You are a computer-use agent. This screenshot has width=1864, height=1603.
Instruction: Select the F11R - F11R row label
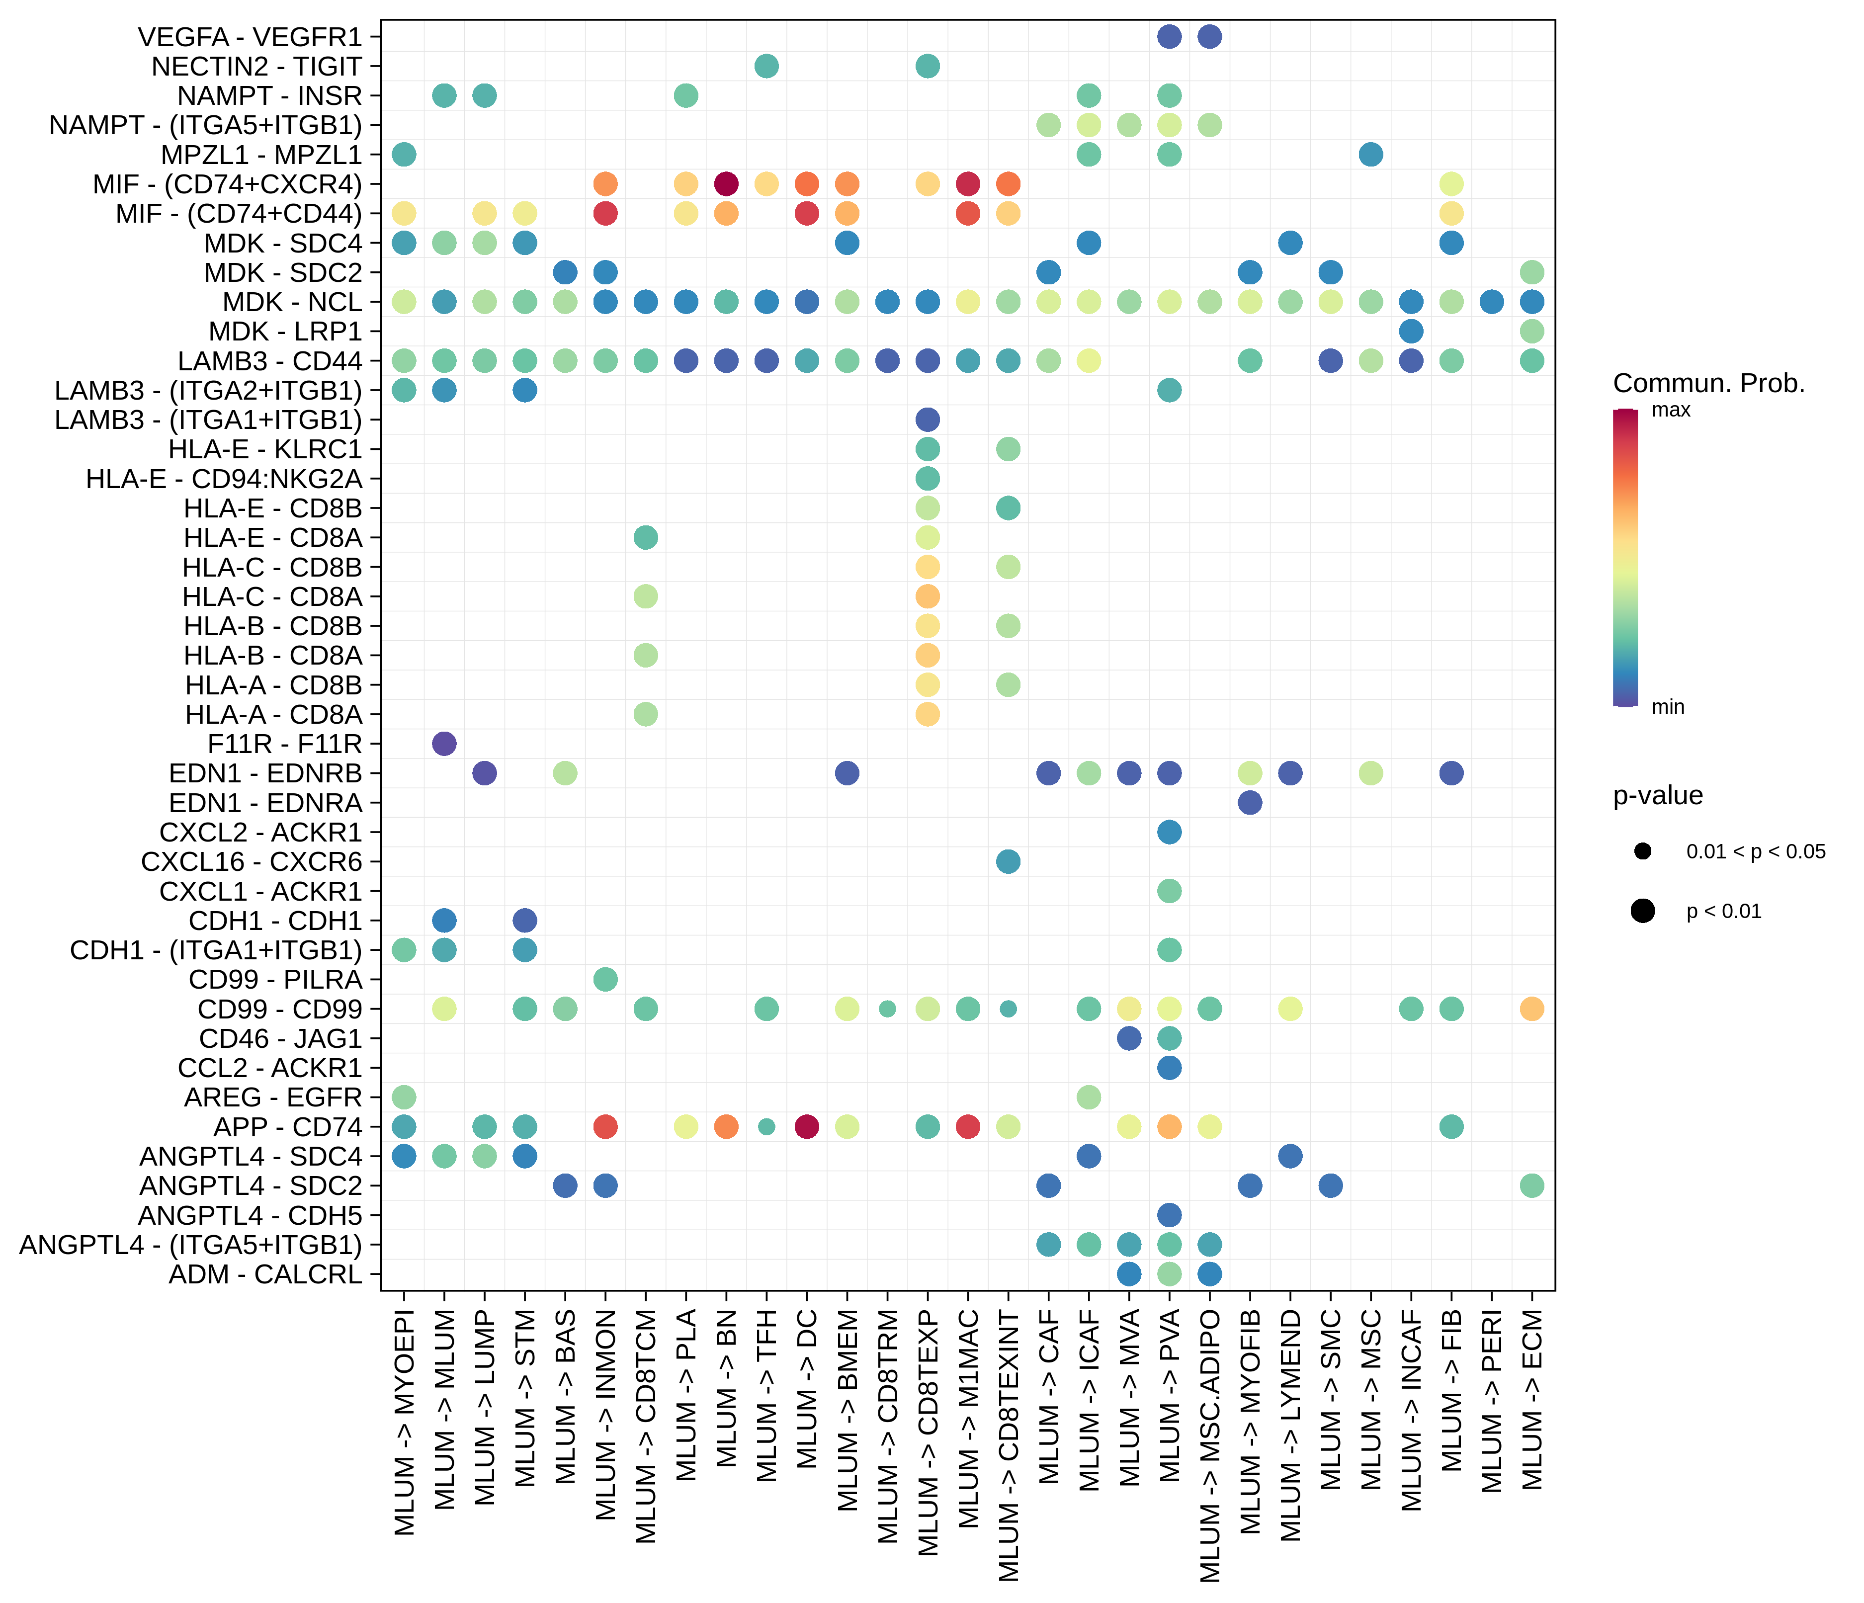pyautogui.click(x=284, y=744)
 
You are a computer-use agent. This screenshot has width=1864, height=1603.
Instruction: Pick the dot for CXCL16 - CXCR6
pyautogui.click(x=1009, y=862)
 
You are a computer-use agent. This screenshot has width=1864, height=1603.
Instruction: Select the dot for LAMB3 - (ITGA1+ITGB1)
pyautogui.click(x=928, y=419)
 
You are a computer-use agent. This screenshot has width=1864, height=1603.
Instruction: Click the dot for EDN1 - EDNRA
pyautogui.click(x=1250, y=802)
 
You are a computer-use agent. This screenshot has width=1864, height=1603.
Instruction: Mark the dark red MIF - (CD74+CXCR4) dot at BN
pyautogui.click(x=726, y=184)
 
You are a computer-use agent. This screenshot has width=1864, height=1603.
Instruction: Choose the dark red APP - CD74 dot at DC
pyautogui.click(x=807, y=1126)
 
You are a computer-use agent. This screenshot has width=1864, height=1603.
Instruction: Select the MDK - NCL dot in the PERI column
pyautogui.click(x=1492, y=302)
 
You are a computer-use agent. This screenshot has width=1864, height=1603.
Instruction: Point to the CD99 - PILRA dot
pyautogui.click(x=605, y=979)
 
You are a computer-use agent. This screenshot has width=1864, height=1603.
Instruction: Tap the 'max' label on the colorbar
pyautogui.click(x=1671, y=410)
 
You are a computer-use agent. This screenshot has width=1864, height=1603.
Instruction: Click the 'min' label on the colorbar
pyautogui.click(x=1668, y=707)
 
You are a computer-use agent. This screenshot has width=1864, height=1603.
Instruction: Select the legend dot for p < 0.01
pyautogui.click(x=1643, y=911)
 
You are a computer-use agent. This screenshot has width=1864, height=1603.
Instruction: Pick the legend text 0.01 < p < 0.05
pyautogui.click(x=1755, y=852)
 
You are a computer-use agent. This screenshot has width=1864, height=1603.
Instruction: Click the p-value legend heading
pyautogui.click(x=1657, y=795)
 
